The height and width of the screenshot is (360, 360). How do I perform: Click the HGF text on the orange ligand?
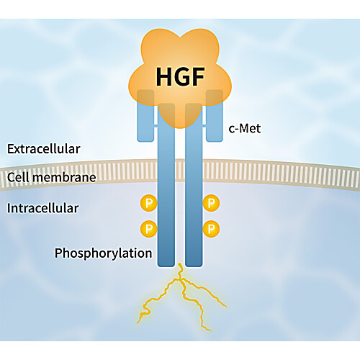pyautogui.click(x=180, y=77)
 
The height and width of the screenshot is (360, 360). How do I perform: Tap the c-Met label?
pyautogui.click(x=245, y=128)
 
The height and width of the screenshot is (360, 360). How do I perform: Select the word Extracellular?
pyautogui.click(x=44, y=149)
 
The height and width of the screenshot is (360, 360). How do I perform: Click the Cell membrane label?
pyautogui.click(x=52, y=177)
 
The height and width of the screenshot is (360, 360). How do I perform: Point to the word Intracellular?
pyautogui.click(x=43, y=208)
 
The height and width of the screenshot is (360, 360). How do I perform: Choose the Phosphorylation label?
pyautogui.click(x=104, y=253)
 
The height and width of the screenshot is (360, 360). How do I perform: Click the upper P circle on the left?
pyautogui.click(x=149, y=203)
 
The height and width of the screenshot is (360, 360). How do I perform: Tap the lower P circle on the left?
pyautogui.click(x=149, y=229)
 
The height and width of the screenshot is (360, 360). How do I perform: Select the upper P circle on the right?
pyautogui.click(x=211, y=203)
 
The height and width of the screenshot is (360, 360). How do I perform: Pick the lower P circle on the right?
pyautogui.click(x=211, y=229)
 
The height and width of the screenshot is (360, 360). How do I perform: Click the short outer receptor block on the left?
pyautogui.click(x=145, y=116)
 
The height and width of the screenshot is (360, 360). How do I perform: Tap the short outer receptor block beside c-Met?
pyautogui.click(x=215, y=116)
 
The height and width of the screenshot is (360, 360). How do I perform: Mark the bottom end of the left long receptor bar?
pyautogui.click(x=166, y=266)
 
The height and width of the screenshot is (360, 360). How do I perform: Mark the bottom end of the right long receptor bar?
pyautogui.click(x=194, y=266)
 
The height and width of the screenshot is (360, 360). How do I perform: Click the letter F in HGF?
pyautogui.click(x=199, y=77)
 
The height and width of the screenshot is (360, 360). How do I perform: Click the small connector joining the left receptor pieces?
pyautogui.click(x=156, y=125)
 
